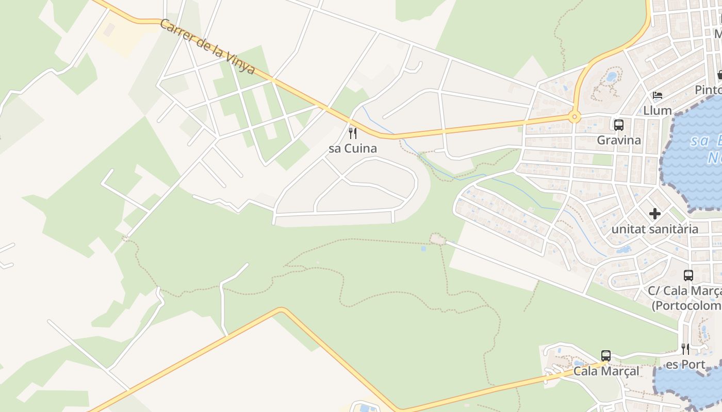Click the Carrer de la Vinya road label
(207, 47)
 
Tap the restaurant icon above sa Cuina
(353, 133)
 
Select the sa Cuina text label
(353, 149)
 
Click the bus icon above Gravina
(619, 125)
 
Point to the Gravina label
(619, 140)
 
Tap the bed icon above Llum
(658, 95)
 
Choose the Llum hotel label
(658, 110)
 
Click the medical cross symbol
(655, 213)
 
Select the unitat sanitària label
(655, 229)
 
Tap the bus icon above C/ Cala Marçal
(688, 276)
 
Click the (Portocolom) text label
(686, 306)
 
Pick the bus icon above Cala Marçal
(606, 356)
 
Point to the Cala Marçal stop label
(606, 371)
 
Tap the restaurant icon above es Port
(685, 349)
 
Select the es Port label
(685, 365)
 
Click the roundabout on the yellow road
(574, 117)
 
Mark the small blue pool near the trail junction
(423, 249)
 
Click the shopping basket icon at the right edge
(719, 75)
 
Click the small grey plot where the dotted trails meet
(437, 239)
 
